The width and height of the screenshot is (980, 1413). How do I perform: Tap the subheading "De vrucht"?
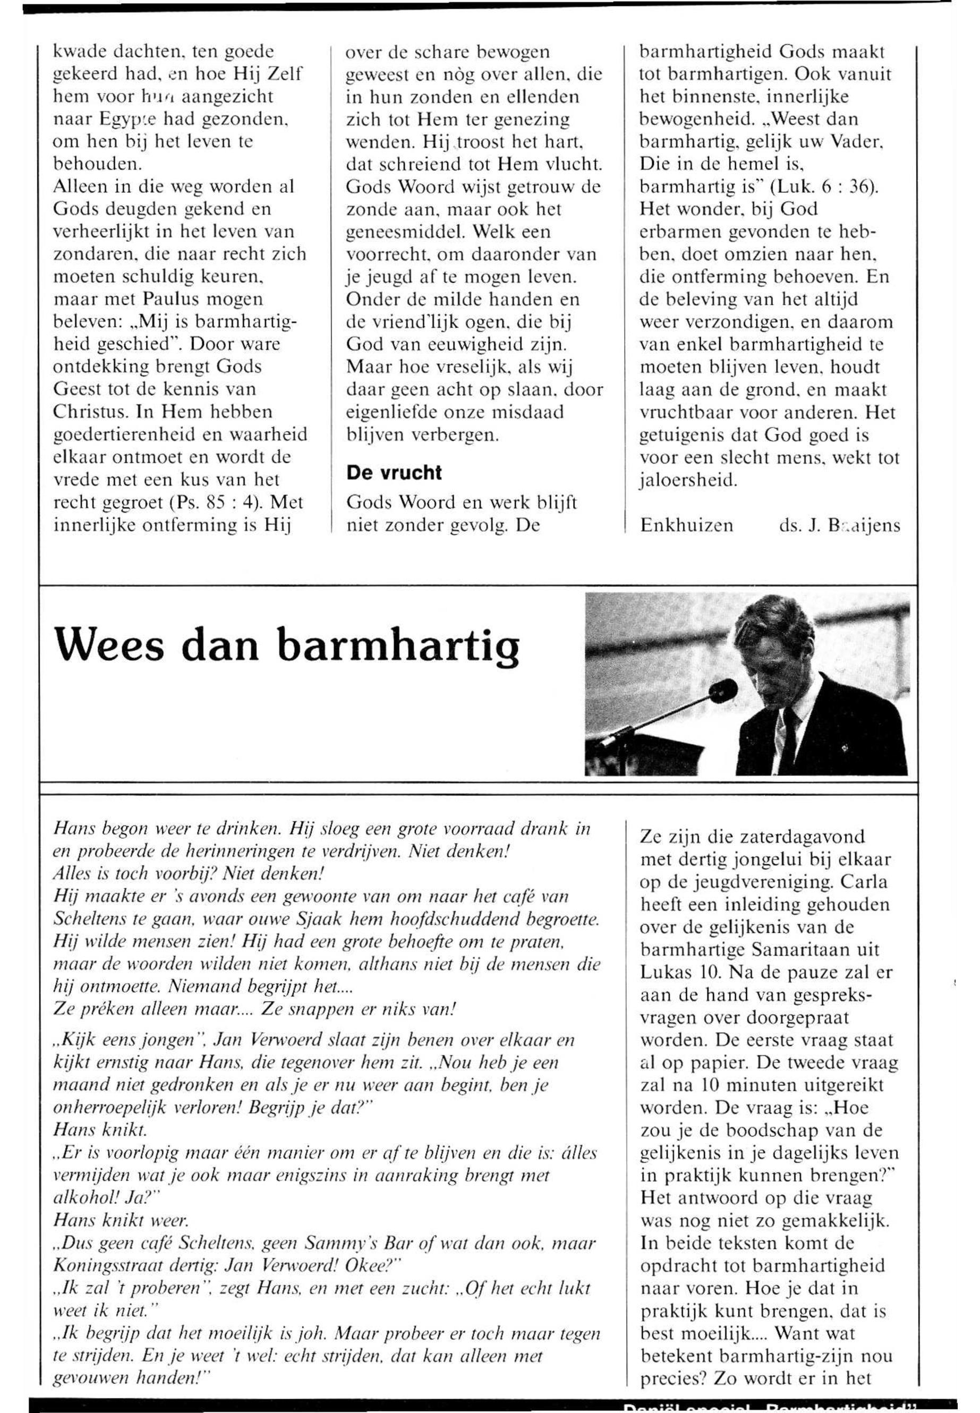click(394, 472)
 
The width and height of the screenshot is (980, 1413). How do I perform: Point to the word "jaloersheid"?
click(688, 480)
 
